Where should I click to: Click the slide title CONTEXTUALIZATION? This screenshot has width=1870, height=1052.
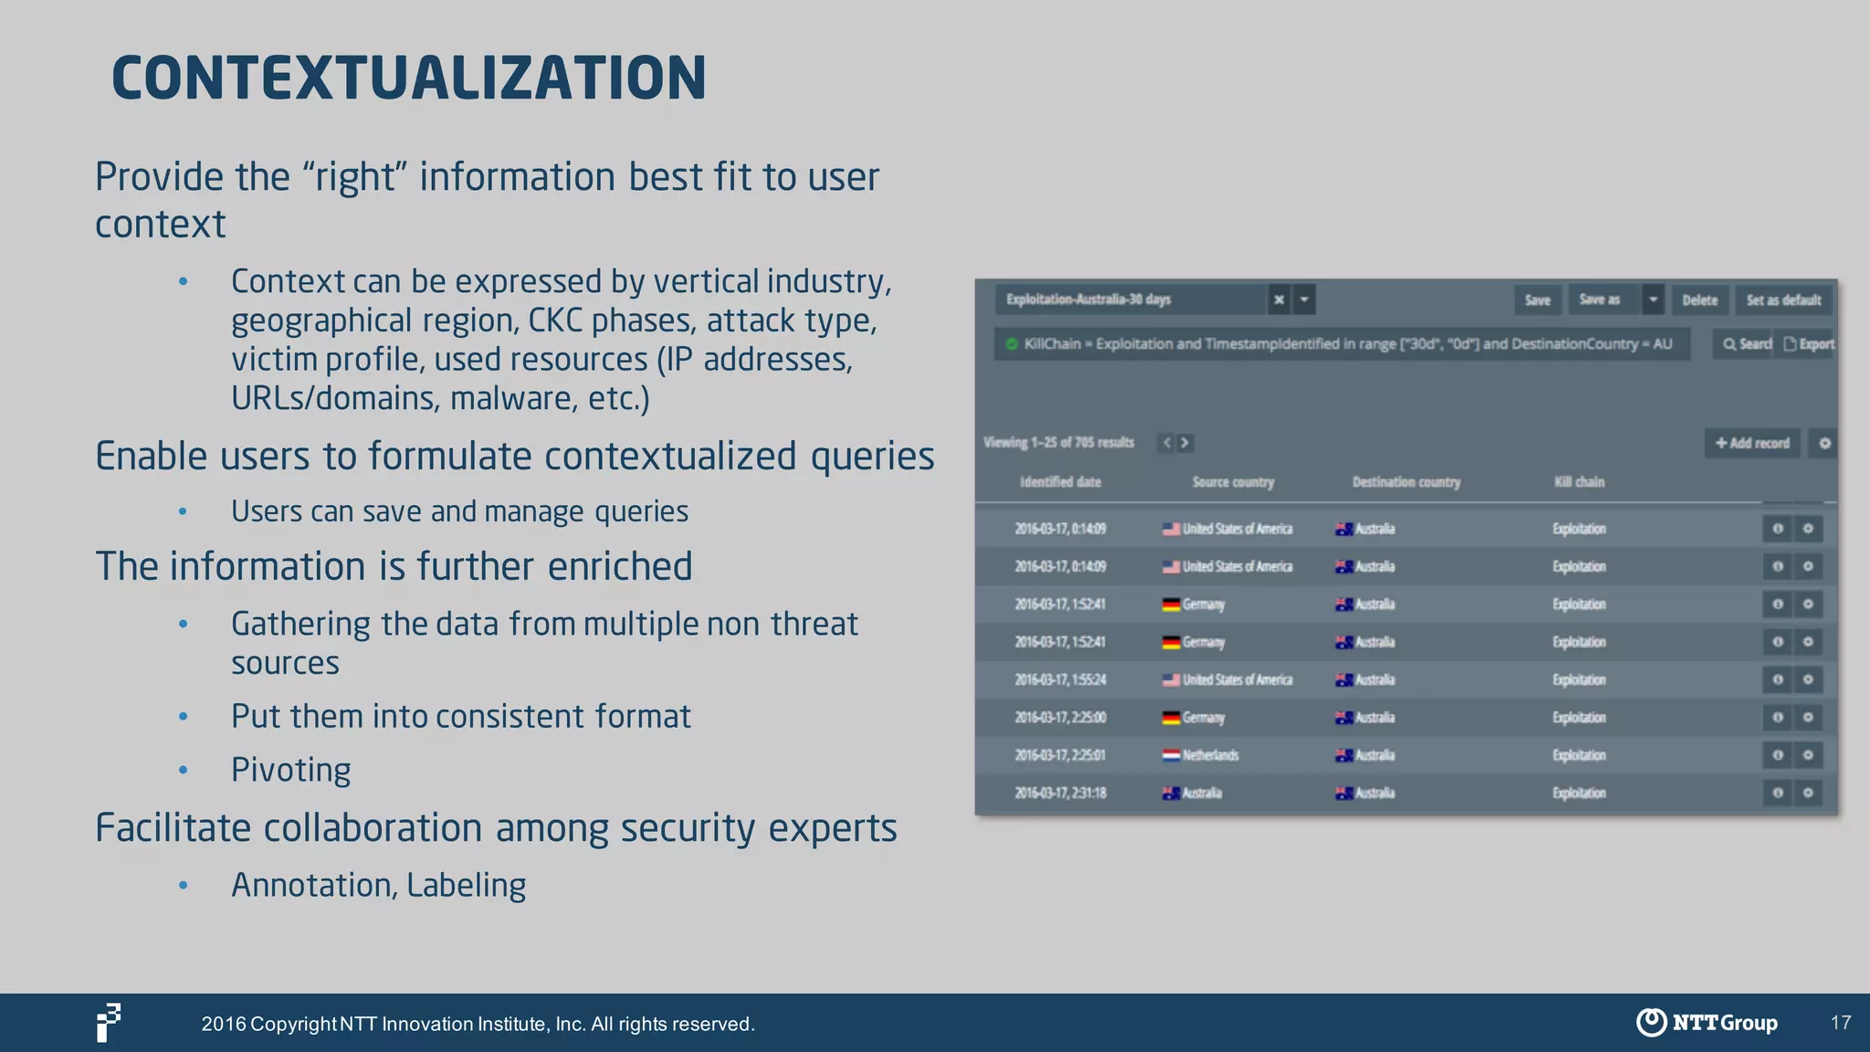click(408, 79)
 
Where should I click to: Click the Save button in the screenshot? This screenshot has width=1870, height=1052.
click(1537, 300)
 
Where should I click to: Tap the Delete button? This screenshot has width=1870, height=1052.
click(1699, 300)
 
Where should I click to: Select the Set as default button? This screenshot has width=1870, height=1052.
click(1783, 300)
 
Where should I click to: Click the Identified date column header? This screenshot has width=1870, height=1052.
click(1060, 482)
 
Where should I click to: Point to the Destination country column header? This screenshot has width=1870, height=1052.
click(1406, 482)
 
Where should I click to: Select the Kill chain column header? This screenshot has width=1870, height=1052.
click(1579, 482)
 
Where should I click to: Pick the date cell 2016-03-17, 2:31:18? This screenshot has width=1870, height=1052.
click(1060, 793)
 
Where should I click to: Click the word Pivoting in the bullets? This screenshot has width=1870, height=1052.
click(290, 770)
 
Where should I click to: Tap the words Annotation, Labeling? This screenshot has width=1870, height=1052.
click(378, 885)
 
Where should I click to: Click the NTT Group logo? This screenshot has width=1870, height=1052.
click(1707, 1022)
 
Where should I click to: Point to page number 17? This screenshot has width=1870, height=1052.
click(1840, 1023)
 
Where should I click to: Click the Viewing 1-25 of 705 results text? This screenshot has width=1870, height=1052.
click(1058, 443)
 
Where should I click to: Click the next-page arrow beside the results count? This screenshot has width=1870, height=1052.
click(1185, 443)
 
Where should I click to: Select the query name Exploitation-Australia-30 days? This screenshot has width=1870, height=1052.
click(1088, 300)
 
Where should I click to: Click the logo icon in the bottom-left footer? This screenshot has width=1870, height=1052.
click(109, 1022)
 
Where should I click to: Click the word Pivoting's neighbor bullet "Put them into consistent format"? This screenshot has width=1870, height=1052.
click(460, 716)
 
